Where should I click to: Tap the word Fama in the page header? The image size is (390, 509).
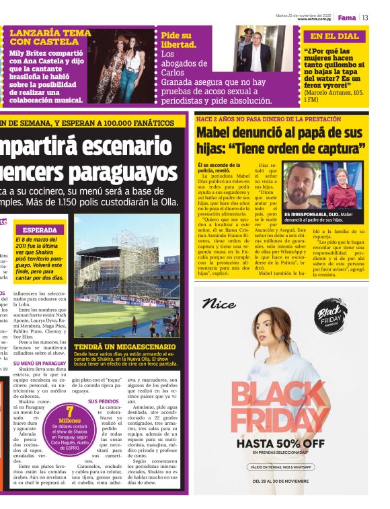[346, 18]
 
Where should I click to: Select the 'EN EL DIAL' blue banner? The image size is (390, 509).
[334, 36]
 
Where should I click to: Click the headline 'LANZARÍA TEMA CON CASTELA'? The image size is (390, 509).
[50, 37]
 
